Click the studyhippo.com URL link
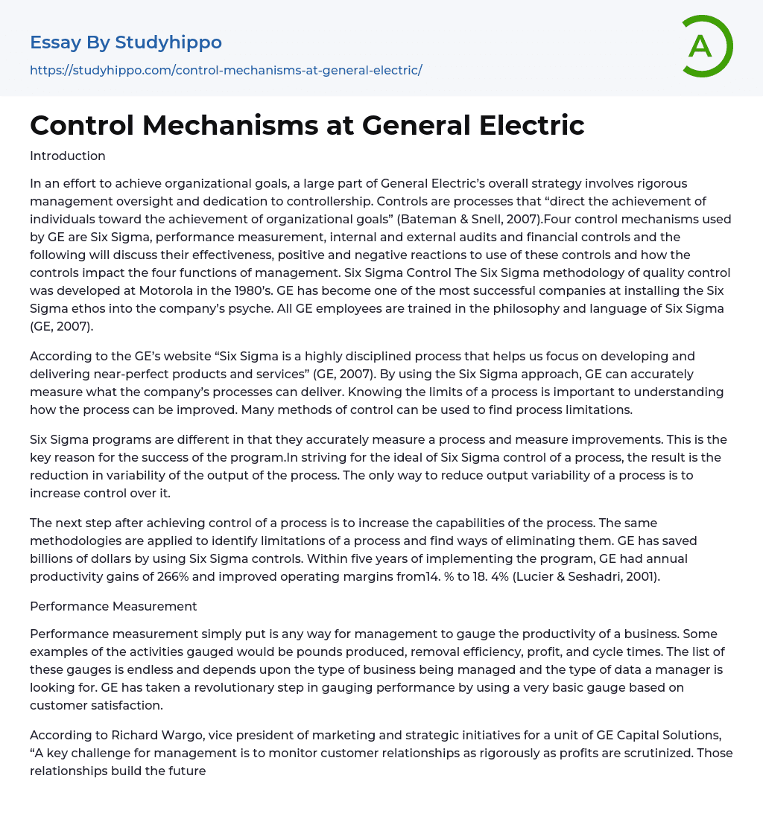(x=226, y=70)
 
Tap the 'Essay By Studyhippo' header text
(x=126, y=42)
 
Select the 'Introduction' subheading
(x=68, y=156)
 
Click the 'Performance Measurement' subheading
(x=113, y=606)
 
